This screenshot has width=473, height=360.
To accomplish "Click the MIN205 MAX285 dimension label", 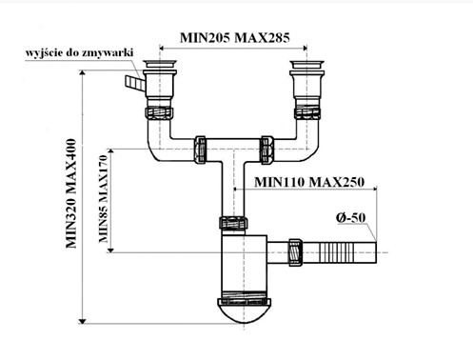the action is pyautogui.click(x=235, y=38).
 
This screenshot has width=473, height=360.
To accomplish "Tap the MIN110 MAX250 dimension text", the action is pyautogui.click(x=309, y=182).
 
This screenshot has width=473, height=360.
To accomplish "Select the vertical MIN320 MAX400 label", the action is pyautogui.click(x=71, y=193).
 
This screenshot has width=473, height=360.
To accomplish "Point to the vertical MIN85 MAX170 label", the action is pyautogui.click(x=104, y=199).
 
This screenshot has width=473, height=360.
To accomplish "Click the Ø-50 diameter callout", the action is pyautogui.click(x=350, y=217).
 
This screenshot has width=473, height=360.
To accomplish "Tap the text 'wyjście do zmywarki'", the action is pyautogui.click(x=79, y=52).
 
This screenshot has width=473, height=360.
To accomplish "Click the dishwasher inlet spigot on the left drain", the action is pyautogui.click(x=135, y=83).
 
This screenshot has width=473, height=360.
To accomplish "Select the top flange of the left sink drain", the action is pyautogui.click(x=160, y=64).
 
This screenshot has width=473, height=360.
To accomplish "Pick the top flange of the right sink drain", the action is pyautogui.click(x=307, y=64).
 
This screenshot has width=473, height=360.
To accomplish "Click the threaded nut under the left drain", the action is pyautogui.click(x=159, y=113).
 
